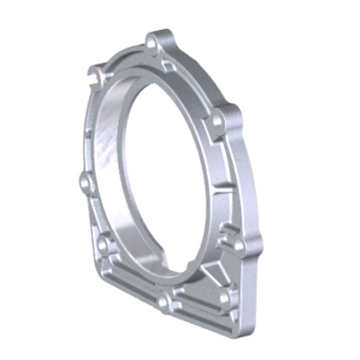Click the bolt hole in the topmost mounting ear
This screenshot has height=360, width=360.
153,45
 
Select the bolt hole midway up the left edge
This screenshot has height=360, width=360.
86,184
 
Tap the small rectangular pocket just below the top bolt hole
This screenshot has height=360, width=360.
167,66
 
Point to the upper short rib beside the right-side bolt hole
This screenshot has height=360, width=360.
226,230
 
